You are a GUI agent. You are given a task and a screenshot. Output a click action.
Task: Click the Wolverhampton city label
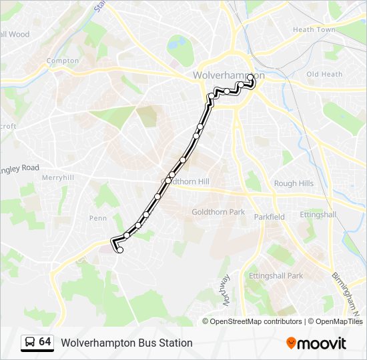click(x=228, y=75)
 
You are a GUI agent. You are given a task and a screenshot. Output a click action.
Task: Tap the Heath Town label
click(x=314, y=30)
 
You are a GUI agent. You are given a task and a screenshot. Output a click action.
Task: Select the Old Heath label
click(x=324, y=74)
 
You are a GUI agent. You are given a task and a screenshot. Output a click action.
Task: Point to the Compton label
click(x=63, y=61)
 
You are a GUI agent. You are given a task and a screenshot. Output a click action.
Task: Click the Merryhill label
click(x=57, y=178)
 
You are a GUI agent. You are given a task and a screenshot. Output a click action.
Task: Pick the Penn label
click(x=97, y=218)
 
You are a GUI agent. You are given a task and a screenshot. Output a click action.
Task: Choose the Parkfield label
click(x=269, y=217)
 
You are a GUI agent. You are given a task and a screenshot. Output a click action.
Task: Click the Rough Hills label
click(x=294, y=183)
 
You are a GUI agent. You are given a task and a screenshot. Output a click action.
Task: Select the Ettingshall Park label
click(x=276, y=275)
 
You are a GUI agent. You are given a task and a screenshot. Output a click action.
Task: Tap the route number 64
click(x=45, y=342)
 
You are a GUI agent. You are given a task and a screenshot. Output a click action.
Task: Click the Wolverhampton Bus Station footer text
click(x=127, y=343)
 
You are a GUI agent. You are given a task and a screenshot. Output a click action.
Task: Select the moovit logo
click(x=316, y=343)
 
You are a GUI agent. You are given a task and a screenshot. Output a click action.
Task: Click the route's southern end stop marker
click(x=120, y=250)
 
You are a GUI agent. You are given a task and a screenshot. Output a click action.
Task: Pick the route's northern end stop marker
click(x=250, y=77)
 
